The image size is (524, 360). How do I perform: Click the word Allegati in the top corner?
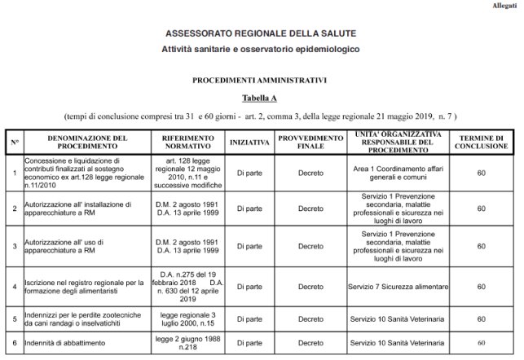pyautogui.click(x=503, y=6)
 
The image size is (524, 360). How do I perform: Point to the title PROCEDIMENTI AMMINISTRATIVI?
pyautogui.click(x=260, y=81)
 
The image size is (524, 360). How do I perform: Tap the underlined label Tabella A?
pyautogui.click(x=260, y=98)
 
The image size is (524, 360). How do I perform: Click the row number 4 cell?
pyautogui.click(x=15, y=287)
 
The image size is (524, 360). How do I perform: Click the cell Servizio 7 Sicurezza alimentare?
pyautogui.click(x=399, y=287)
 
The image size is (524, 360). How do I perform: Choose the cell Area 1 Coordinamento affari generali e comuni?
pyautogui.click(x=399, y=173)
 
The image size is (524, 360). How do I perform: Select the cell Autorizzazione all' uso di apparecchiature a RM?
pyautogui.click(x=77, y=245)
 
